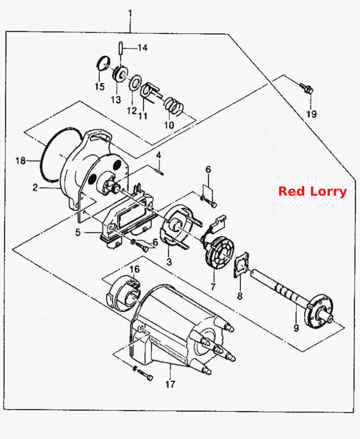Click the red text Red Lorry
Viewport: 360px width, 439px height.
pyautogui.click(x=312, y=192)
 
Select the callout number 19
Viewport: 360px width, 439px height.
pyautogui.click(x=311, y=114)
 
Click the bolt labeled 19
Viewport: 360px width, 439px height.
pyautogui.click(x=306, y=88)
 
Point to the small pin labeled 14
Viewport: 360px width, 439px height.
pyautogui.click(x=120, y=49)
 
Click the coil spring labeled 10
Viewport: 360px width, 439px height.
pyautogui.click(x=173, y=106)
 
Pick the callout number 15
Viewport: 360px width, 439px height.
pyautogui.click(x=99, y=87)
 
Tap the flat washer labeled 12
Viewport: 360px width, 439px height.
pyautogui.click(x=135, y=83)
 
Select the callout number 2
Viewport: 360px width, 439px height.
pyautogui.click(x=35, y=187)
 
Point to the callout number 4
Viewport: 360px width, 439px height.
pyautogui.click(x=158, y=155)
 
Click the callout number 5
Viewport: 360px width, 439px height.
pyautogui.click(x=78, y=232)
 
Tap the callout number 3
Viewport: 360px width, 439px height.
pyautogui.click(x=169, y=262)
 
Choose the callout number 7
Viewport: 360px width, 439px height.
pyautogui.click(x=213, y=286)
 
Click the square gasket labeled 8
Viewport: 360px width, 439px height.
pyautogui.click(x=241, y=264)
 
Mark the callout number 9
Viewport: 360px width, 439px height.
pyautogui.click(x=296, y=327)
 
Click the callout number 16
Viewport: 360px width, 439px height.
pyautogui.click(x=135, y=269)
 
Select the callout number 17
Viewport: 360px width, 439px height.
pyautogui.click(x=170, y=384)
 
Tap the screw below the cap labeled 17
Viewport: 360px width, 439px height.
pyautogui.click(x=143, y=374)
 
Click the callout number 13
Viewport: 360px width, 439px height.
pyautogui.click(x=116, y=99)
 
